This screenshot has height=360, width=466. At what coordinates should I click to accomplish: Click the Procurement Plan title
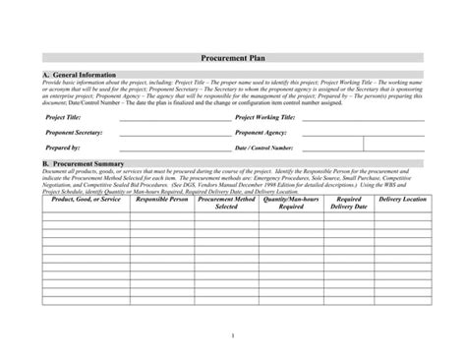click(x=233, y=58)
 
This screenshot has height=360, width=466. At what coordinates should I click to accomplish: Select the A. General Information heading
click(x=80, y=75)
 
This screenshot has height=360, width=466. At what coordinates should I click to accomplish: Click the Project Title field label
click(x=63, y=117)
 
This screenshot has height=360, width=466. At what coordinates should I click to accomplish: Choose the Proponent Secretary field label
click(x=75, y=132)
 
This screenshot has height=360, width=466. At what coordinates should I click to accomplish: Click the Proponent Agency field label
click(x=262, y=132)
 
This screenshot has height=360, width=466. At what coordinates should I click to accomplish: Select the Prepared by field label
click(x=63, y=147)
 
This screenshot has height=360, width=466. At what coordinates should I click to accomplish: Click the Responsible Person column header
click(x=161, y=200)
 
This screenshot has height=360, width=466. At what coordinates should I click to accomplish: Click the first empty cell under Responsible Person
click(x=161, y=219)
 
